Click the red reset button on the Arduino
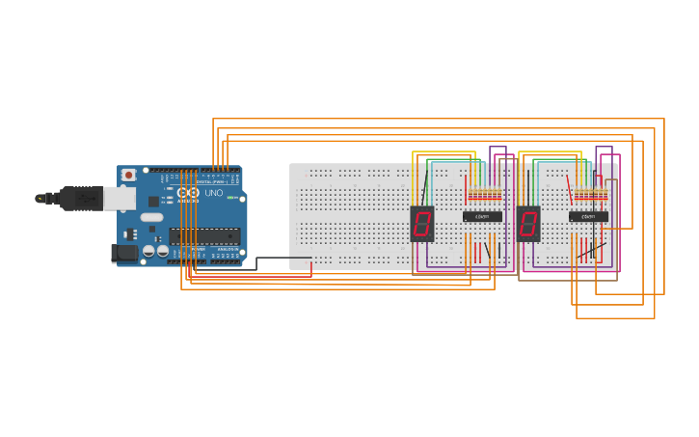(128, 175)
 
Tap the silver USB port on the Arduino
(119, 198)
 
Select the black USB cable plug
(82, 198)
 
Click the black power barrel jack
(124, 254)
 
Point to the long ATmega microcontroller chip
(204, 235)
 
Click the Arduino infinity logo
(187, 193)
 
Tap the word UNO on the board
(214, 193)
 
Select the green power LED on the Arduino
(231, 198)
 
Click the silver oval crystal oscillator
(151, 217)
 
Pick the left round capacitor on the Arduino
(148, 251)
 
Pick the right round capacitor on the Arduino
(162, 251)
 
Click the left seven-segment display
(421, 224)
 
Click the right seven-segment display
(527, 224)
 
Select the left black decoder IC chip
(482, 216)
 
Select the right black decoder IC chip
(588, 216)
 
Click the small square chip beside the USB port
(153, 201)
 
